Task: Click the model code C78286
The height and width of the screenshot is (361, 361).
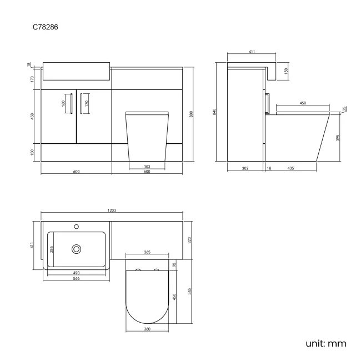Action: pyautogui.click(x=45, y=26)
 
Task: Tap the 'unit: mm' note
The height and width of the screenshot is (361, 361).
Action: pyautogui.click(x=326, y=343)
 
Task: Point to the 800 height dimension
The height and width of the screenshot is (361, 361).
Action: pyautogui.click(x=191, y=114)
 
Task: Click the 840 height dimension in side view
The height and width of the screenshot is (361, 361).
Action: pyautogui.click(x=214, y=112)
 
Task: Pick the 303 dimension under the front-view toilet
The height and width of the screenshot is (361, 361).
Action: pyautogui.click(x=147, y=166)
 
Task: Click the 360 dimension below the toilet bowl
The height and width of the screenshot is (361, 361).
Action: pyautogui.click(x=147, y=330)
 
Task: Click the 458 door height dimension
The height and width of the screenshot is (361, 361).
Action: pyautogui.click(x=33, y=116)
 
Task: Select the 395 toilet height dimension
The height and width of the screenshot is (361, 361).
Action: pyautogui.click(x=338, y=138)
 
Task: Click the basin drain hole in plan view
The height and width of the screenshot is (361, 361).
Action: pyautogui.click(x=76, y=248)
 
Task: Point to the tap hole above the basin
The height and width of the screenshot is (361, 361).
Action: pyautogui.click(x=76, y=227)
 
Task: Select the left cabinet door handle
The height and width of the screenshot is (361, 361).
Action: pyautogui.click(x=71, y=103)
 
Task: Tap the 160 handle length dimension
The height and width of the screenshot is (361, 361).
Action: pyautogui.click(x=64, y=103)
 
